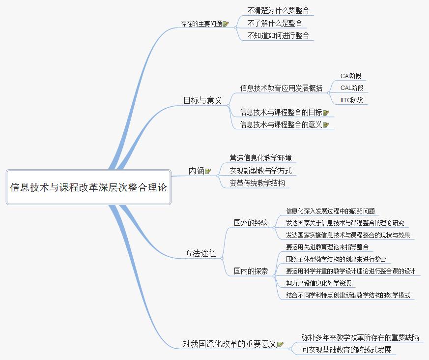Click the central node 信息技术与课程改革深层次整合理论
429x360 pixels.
88,187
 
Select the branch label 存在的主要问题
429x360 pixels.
201,23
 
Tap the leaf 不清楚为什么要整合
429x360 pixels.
278,10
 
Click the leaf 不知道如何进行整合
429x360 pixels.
278,35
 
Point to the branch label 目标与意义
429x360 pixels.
202,100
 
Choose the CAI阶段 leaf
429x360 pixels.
351,76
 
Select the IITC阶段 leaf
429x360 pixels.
352,100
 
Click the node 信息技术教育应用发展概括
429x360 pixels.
281,88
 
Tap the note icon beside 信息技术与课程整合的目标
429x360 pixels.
326,113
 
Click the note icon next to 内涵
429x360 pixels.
208,171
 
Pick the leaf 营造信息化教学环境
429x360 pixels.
260,158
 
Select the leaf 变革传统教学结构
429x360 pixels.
257,183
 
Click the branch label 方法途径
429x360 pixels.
200,254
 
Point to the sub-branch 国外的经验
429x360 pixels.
251,223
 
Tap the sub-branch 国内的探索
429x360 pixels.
251,270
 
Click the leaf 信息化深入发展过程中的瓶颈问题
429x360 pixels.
330,211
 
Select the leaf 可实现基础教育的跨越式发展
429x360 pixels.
347,350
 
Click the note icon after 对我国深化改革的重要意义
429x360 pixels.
280,344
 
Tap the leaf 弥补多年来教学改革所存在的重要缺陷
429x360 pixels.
361,337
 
